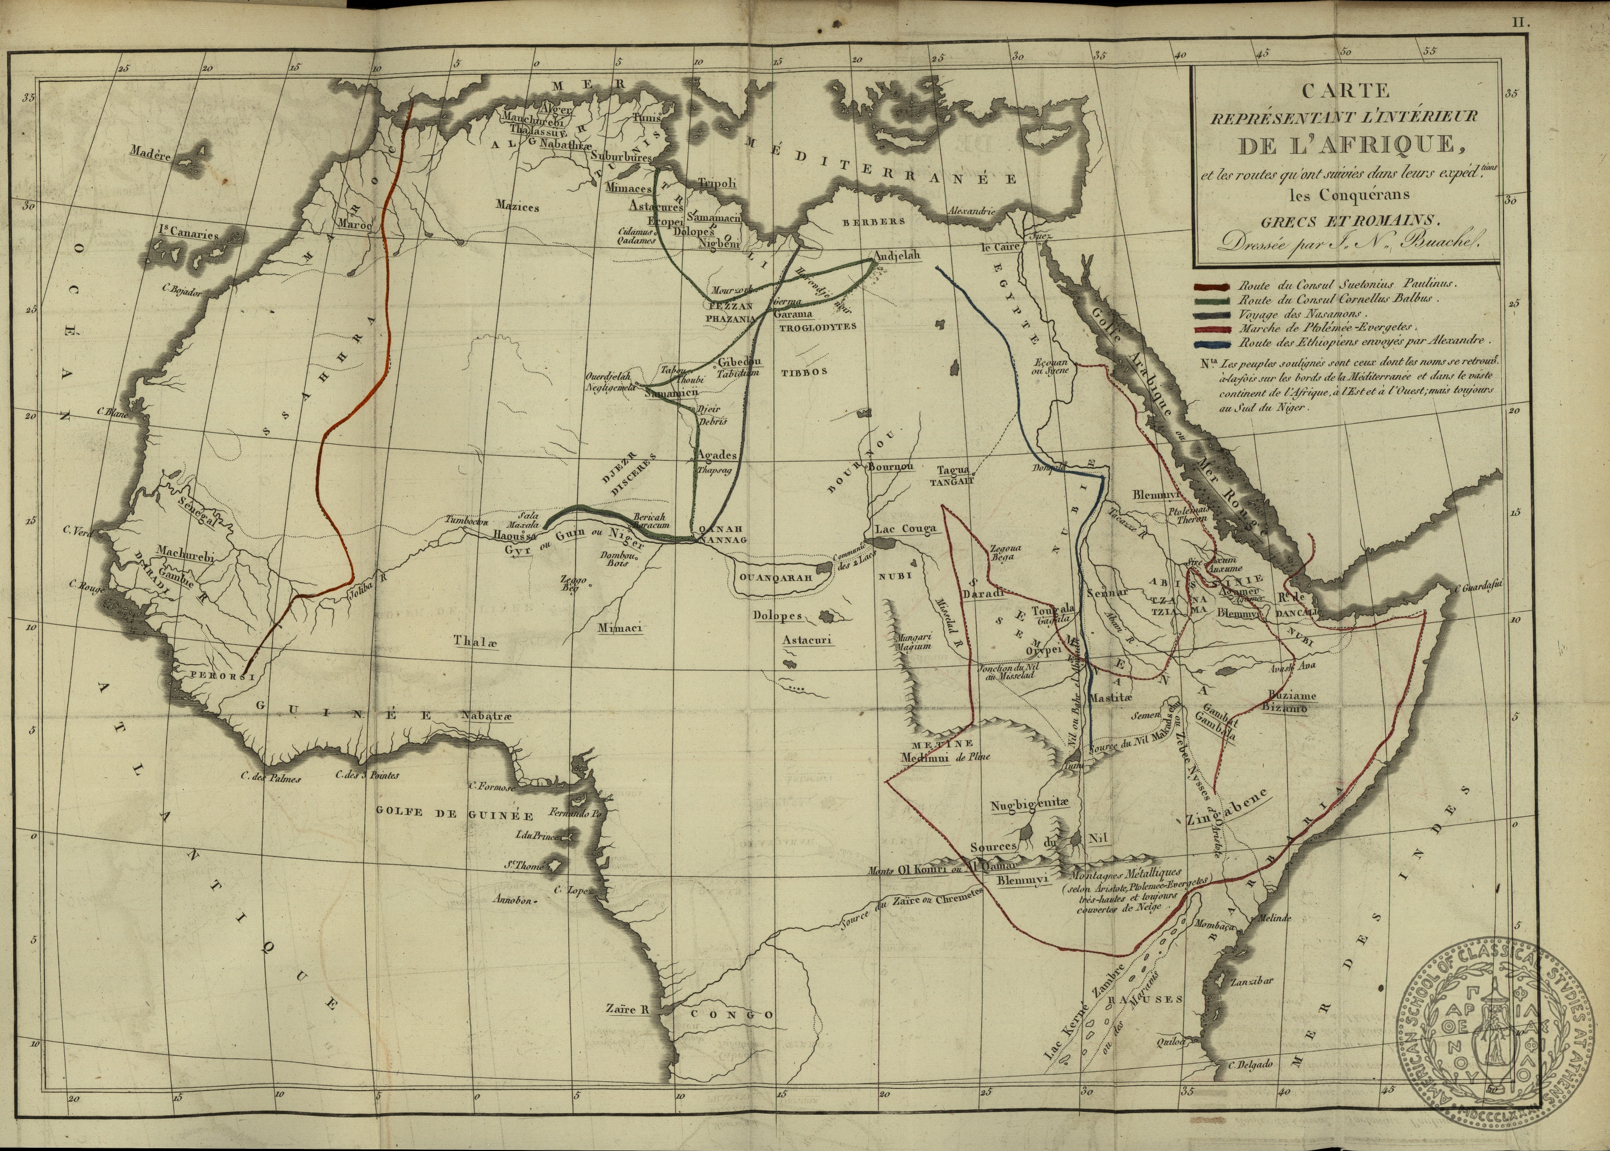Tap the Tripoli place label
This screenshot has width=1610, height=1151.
click(717, 183)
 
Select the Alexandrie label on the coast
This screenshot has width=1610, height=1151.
click(972, 211)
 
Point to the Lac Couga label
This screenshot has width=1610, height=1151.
click(906, 529)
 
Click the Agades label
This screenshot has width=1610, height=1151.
click(717, 455)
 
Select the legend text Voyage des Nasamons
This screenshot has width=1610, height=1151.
click(1293, 313)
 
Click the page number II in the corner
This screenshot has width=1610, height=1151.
click(1522, 23)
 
